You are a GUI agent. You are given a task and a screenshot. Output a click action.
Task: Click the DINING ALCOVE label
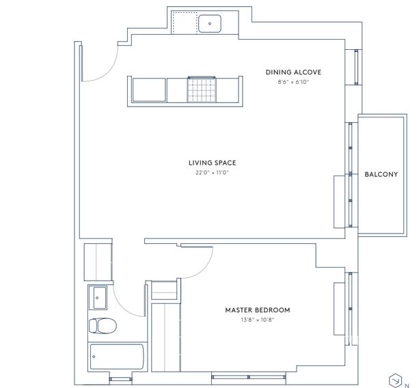pyautogui.click(x=293, y=72)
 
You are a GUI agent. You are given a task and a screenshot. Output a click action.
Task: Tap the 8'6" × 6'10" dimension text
pyautogui.click(x=293, y=82)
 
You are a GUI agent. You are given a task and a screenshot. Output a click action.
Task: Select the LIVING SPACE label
pyautogui.click(x=212, y=163)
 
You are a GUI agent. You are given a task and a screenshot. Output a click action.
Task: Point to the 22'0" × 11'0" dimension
pyautogui.click(x=212, y=173)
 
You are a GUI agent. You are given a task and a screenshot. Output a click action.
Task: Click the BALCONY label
pyautogui.click(x=381, y=174)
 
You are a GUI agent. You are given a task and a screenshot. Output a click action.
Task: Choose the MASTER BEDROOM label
pyautogui.click(x=258, y=310)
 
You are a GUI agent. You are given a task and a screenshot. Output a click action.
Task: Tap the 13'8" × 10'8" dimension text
pyautogui.click(x=258, y=320)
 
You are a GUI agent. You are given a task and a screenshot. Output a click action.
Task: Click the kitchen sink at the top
pyautogui.click(x=210, y=23)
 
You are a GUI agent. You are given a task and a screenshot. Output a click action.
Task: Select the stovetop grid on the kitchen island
pyautogui.click(x=202, y=89)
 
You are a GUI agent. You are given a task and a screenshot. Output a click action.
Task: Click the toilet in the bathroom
pyautogui.click(x=103, y=326)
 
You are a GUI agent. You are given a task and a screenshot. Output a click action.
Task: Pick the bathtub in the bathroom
pyautogui.click(x=117, y=357)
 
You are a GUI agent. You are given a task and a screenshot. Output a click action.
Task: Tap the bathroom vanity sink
pyautogui.click(x=98, y=297)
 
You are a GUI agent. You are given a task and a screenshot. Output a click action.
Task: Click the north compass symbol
pyautogui.click(x=396, y=380)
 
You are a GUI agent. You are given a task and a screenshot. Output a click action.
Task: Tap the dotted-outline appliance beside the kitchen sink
pyautogui.click(x=184, y=23)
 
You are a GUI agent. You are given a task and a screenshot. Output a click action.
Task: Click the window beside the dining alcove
pyautogui.click(x=356, y=67)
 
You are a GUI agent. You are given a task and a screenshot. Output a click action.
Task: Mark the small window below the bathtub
pyautogui.click(x=120, y=379)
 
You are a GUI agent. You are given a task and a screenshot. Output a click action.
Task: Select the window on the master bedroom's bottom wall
pyautogui.click(x=249, y=377)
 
